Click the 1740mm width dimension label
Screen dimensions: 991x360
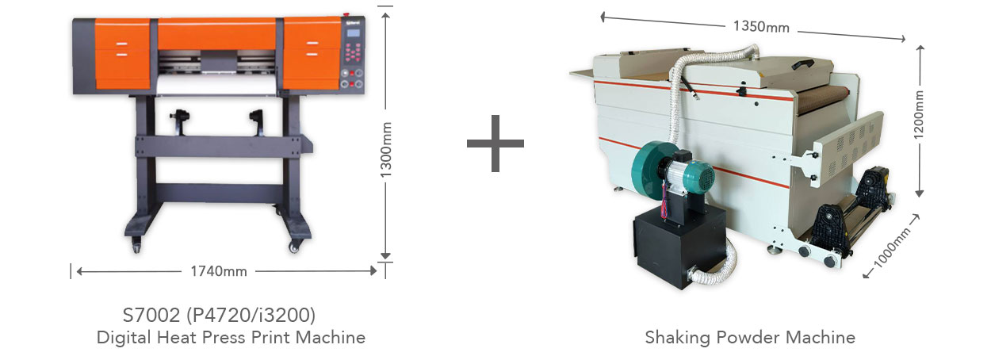click(219, 271)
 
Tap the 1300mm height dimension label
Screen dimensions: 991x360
click(386, 150)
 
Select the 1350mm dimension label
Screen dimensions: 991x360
click(761, 26)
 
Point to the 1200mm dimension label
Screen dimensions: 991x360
click(918, 114)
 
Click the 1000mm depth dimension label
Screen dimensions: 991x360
click(892, 247)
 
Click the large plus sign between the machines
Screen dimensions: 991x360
click(495, 144)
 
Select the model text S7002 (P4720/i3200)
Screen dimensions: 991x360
click(219, 315)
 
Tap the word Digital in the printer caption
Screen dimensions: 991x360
click(124, 338)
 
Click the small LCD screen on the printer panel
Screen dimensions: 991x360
click(353, 33)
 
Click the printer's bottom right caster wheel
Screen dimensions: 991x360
click(294, 246)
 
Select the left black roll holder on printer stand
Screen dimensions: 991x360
click(179, 121)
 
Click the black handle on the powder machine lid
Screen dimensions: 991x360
click(803, 64)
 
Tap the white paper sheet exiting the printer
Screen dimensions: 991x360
click(216, 85)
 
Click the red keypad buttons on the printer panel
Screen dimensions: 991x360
click(353, 52)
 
